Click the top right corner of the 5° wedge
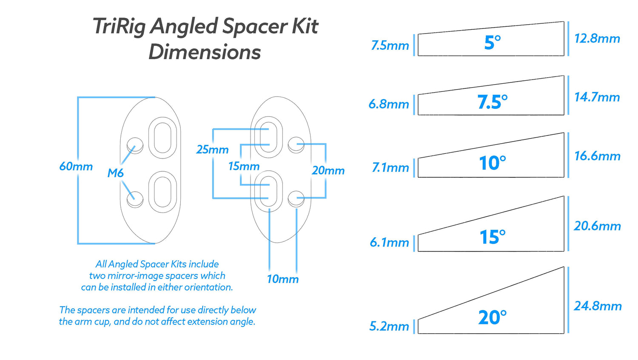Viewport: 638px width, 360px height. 564,22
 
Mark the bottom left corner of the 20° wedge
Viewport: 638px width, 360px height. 418,333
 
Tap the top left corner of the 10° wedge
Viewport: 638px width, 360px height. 418,158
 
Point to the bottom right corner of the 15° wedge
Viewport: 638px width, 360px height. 564,251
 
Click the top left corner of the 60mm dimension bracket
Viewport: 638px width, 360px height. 78,98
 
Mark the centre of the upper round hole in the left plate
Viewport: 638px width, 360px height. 135,145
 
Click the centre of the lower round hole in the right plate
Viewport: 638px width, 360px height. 296,198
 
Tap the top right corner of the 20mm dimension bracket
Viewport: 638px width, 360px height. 325,144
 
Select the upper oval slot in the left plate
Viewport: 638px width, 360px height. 162,138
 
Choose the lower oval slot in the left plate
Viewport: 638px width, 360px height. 162,192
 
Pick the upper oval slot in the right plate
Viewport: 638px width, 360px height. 268,137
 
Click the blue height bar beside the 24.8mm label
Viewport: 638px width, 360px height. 568,300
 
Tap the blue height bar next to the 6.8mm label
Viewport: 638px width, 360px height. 414,105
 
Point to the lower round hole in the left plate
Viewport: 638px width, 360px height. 135,199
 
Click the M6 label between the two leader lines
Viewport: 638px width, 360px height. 115,173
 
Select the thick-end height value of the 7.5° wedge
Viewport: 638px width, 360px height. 597,97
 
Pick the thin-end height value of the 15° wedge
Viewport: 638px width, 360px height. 389,242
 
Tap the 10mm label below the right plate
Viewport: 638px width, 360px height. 283,279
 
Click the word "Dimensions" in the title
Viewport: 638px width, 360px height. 205,52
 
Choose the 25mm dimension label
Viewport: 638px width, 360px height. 213,150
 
